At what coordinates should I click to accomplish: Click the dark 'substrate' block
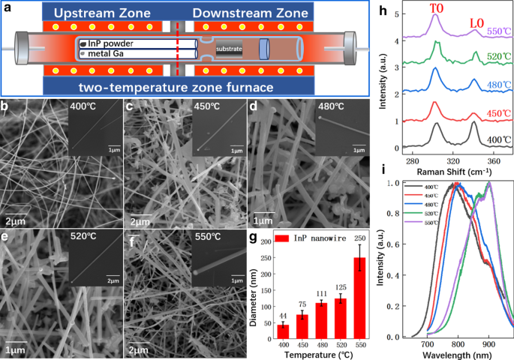[229, 50]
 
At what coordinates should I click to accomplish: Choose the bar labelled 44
[283, 331]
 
